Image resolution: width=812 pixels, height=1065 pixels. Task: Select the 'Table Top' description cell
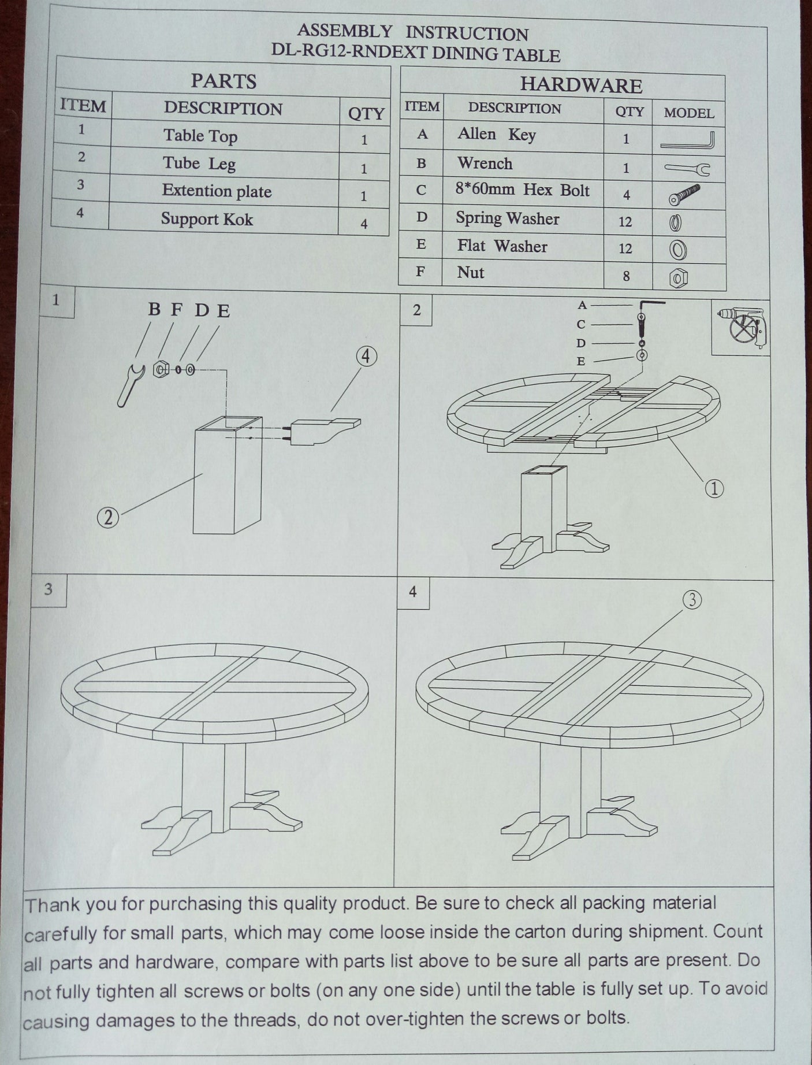(x=200, y=136)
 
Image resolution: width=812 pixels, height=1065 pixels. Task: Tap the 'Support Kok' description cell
(x=207, y=220)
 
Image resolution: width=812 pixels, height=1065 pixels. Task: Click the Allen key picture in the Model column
(x=688, y=140)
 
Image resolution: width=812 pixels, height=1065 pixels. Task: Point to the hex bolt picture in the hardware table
(x=685, y=195)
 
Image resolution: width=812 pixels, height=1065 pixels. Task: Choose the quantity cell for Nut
(x=626, y=276)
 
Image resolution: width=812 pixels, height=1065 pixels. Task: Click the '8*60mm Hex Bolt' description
(x=523, y=191)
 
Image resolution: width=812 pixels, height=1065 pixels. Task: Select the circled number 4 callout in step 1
(x=366, y=357)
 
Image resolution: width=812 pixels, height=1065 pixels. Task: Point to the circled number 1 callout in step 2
(x=714, y=489)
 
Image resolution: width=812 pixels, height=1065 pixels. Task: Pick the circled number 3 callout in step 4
(x=692, y=600)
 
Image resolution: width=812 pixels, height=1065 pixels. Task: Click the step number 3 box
(x=49, y=589)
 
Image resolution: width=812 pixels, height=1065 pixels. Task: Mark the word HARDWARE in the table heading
(x=580, y=86)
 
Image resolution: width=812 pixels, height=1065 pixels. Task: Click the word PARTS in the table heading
(x=224, y=81)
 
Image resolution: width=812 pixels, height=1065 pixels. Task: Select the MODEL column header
(x=688, y=113)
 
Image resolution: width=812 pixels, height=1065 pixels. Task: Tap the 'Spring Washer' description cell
(x=507, y=218)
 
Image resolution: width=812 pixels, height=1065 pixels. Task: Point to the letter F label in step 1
(x=177, y=310)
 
